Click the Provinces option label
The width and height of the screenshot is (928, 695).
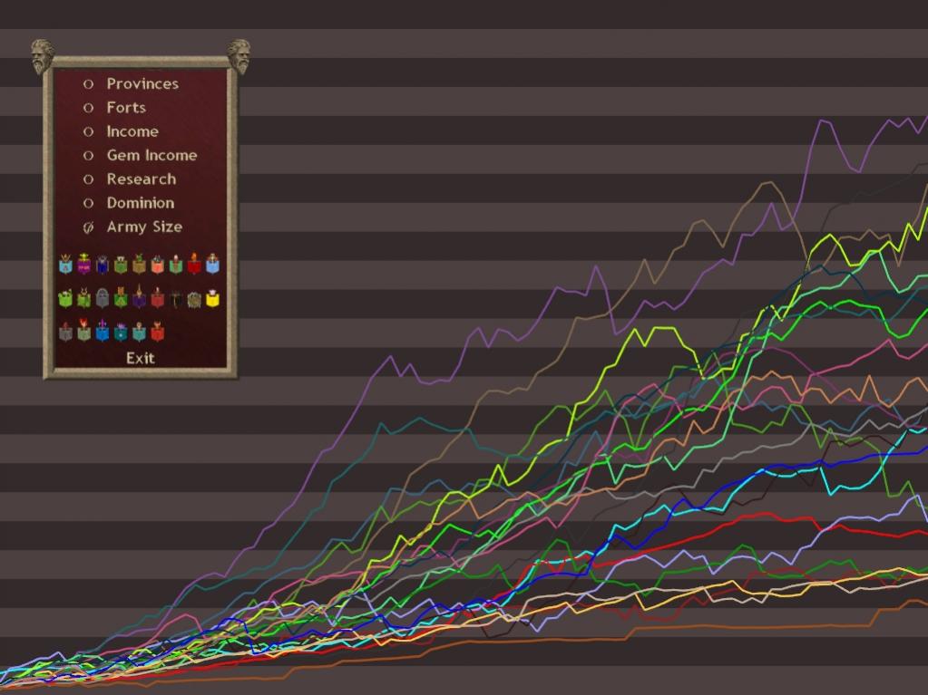pos(142,83)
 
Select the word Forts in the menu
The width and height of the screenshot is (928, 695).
pos(126,107)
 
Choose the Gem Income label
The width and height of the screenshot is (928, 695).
pos(151,155)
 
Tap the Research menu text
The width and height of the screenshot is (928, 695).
pos(141,179)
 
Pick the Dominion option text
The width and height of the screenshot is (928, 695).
pos(140,203)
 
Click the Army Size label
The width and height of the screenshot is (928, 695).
pos(144,227)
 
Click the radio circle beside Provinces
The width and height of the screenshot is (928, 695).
pos(89,83)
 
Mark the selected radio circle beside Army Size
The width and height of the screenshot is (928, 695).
pos(89,227)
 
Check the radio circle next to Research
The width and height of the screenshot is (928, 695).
pos(89,179)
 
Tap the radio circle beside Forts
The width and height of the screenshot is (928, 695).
pos(89,108)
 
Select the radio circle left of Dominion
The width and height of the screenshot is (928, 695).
pos(89,203)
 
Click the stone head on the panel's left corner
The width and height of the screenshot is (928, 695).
pos(42,56)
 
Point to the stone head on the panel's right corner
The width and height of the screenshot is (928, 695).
pos(239,56)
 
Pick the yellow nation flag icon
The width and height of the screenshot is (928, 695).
pos(213,298)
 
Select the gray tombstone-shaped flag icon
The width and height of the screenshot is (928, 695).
pos(103,298)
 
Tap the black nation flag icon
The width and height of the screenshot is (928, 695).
pos(177,298)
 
